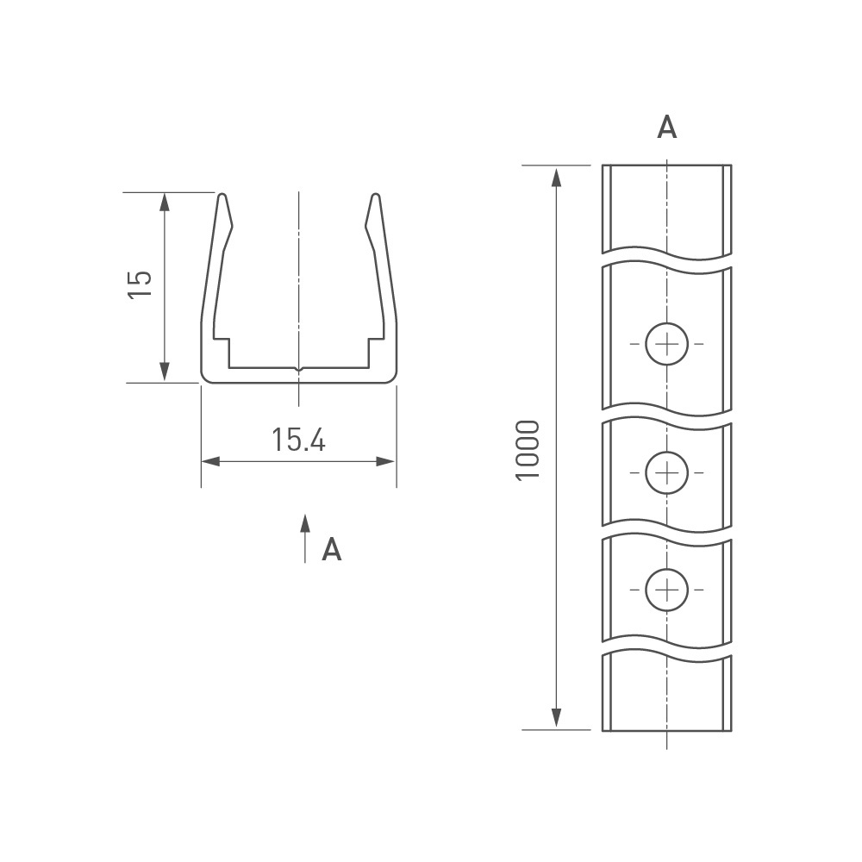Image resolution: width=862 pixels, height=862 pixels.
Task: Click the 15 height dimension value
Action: tap(140, 284)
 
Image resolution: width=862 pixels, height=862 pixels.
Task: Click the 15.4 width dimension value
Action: tap(298, 440)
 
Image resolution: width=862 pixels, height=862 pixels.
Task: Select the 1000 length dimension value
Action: tap(528, 450)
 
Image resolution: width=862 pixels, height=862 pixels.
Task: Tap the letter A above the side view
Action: tap(667, 128)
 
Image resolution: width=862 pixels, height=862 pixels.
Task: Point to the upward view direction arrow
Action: tap(305, 539)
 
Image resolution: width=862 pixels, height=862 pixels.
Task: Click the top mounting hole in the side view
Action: tap(667, 344)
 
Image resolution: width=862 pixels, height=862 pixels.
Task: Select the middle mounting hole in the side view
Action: tap(667, 472)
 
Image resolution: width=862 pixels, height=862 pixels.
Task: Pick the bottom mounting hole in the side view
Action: tap(667, 590)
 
